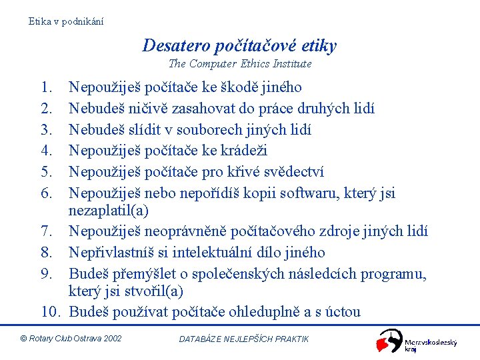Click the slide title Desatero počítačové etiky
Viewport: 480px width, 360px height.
pyautogui.click(x=239, y=45)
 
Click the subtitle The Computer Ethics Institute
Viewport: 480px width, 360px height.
pyautogui.click(x=240, y=64)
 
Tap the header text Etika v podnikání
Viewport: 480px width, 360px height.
pyautogui.click(x=66, y=21)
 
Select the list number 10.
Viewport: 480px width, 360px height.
pyautogui.click(x=52, y=312)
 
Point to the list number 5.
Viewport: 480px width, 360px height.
pyautogui.click(x=46, y=172)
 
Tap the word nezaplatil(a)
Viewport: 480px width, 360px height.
pyautogui.click(x=109, y=211)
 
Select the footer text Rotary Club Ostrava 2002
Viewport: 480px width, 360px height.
pyautogui.click(x=71, y=339)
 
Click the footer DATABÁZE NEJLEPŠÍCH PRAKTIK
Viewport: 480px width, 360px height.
pyautogui.click(x=244, y=339)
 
